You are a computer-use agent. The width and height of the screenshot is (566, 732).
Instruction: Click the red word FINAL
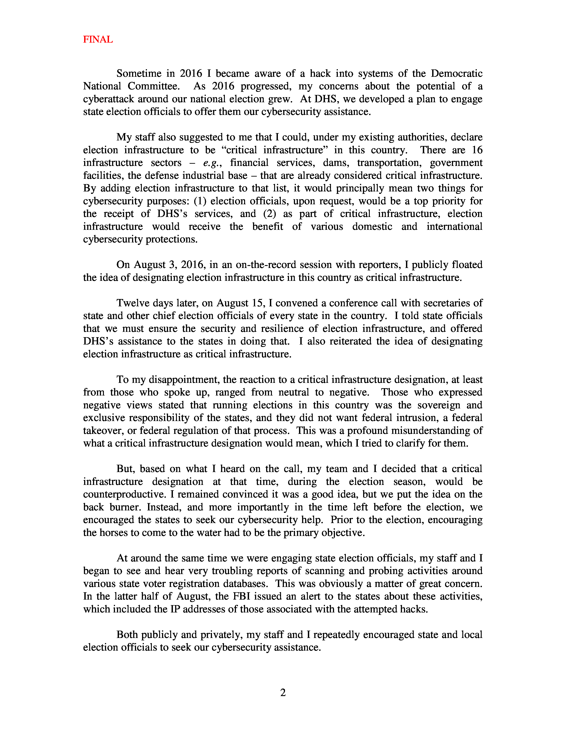coord(98,39)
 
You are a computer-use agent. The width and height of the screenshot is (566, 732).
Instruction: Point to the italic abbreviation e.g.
coord(212,163)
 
